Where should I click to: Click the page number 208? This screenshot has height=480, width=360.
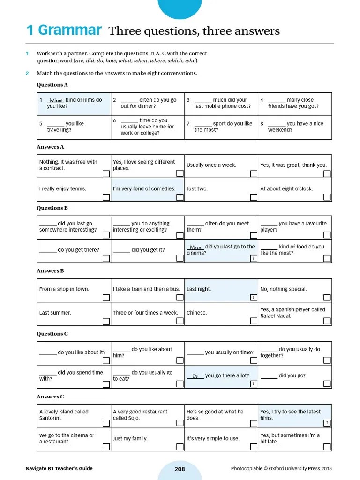[x=180, y=469]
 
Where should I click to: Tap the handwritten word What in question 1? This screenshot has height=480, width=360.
[x=56, y=100]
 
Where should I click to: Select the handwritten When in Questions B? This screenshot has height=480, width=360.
[x=195, y=247]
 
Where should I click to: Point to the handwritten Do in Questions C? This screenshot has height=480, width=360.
[x=195, y=376]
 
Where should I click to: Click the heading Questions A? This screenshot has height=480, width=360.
[x=52, y=85]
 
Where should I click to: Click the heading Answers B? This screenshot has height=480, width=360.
[x=51, y=271]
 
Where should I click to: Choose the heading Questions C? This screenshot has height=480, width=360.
[x=52, y=334]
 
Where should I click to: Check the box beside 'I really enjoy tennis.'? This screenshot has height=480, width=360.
[x=106, y=197]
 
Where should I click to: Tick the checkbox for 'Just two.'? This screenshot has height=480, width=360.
[x=254, y=197]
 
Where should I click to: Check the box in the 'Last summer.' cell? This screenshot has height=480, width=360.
[x=106, y=321]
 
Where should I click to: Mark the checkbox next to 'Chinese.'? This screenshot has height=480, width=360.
[x=254, y=321]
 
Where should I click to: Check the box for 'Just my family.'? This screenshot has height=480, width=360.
[x=180, y=447]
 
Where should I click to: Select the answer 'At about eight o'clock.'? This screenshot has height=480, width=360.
[x=286, y=189]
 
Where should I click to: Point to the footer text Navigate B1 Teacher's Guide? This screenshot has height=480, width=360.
[x=59, y=469]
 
